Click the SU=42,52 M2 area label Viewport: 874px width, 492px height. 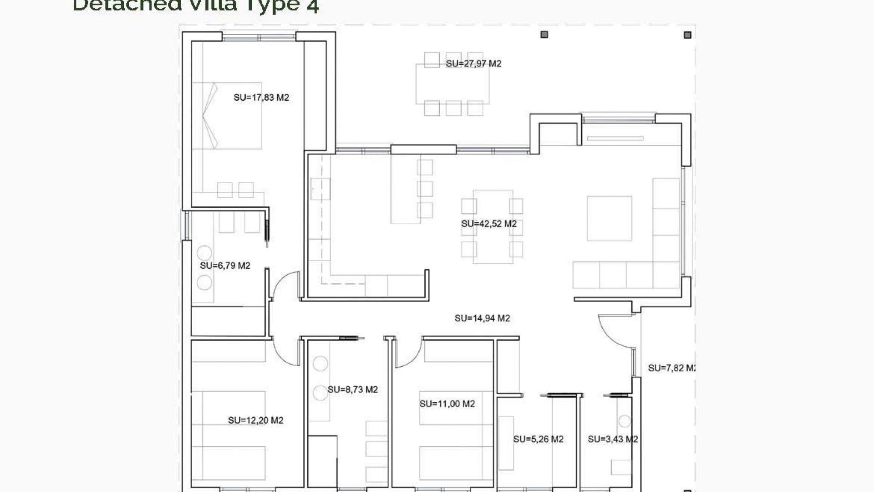tap(489, 224)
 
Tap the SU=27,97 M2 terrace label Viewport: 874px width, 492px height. tap(473, 64)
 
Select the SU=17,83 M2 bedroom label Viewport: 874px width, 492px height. tap(261, 97)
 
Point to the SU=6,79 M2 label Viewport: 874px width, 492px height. tap(225, 266)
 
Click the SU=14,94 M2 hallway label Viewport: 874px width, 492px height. tap(482, 318)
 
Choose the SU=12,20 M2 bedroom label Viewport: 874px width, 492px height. tap(255, 420)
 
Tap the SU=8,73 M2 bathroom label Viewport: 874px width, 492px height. tap(353, 389)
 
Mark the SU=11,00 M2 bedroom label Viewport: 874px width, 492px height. tap(447, 404)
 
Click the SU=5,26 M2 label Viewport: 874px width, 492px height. tap(538, 439)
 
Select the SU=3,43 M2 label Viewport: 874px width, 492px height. tap(613, 439)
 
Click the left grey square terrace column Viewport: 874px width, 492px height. tap(544, 35)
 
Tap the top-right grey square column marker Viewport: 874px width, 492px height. tap(687, 35)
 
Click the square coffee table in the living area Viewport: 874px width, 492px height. tap(609, 218)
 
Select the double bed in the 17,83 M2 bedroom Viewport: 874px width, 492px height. tap(228, 116)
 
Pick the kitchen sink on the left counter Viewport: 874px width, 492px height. tap(320, 189)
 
